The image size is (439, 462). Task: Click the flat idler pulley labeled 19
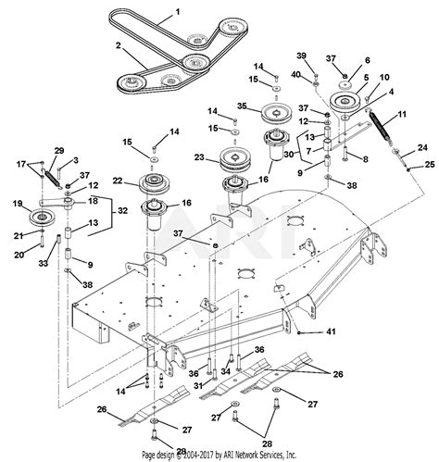[40, 218]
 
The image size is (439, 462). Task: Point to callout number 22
[116, 181]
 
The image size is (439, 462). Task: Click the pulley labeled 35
[276, 114]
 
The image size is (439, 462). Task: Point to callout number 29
[59, 150]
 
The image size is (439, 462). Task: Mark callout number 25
[429, 164]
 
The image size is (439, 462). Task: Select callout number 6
[367, 60]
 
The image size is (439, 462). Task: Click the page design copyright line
[219, 456]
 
